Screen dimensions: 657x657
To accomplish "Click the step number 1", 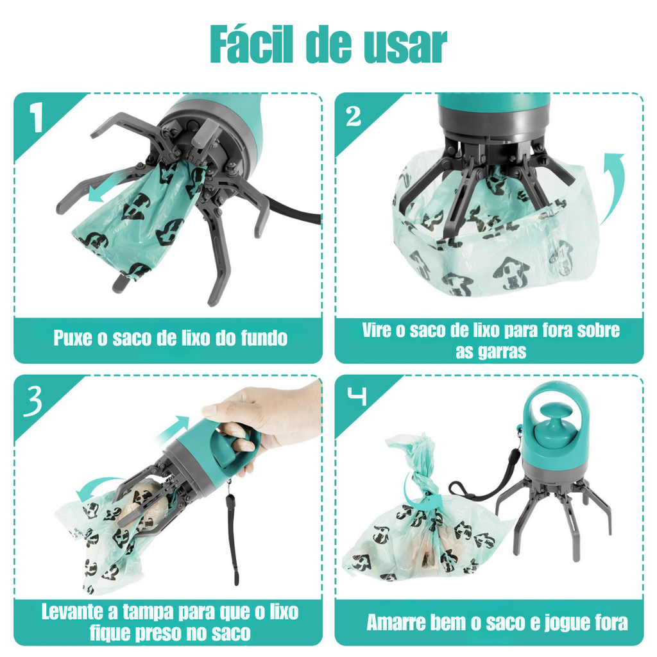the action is pos(37,117).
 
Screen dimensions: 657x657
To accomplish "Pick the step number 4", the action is pos(357,395).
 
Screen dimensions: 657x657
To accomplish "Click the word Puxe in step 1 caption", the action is pos(73,337).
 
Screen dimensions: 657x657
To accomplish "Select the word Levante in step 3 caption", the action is pos(71,612).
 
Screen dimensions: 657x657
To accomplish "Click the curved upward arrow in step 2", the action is pos(613,189).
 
